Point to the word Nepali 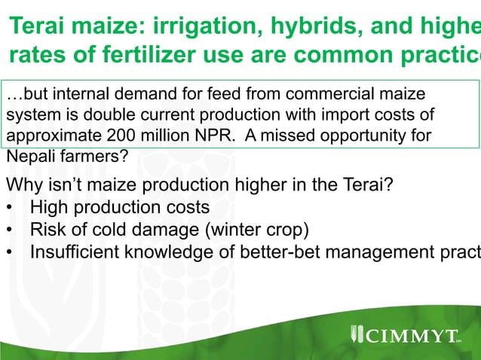pyautogui.click(x=28, y=158)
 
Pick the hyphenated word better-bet pyautogui.click(x=287, y=251)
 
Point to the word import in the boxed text pyautogui.click(x=333, y=116)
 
